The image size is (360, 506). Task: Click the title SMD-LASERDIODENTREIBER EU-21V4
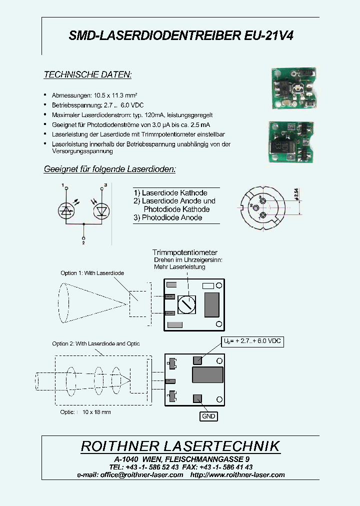pos(180,35)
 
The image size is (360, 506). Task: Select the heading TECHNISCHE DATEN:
pos(87,74)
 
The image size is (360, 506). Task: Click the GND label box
pos(208,416)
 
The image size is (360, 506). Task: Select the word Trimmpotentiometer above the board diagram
pos(185,252)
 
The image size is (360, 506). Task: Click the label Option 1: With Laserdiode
pos(92,273)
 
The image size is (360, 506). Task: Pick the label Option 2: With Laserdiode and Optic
pos(96,343)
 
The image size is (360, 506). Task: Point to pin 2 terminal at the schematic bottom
pos(83,239)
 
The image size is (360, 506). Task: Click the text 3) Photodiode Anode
pos(167,218)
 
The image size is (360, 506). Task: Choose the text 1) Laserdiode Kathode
pos(170,192)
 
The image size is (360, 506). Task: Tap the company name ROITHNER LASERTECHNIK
pos(180,446)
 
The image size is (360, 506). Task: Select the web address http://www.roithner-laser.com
pos(238,474)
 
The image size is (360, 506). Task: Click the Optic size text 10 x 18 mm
pos(96,411)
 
